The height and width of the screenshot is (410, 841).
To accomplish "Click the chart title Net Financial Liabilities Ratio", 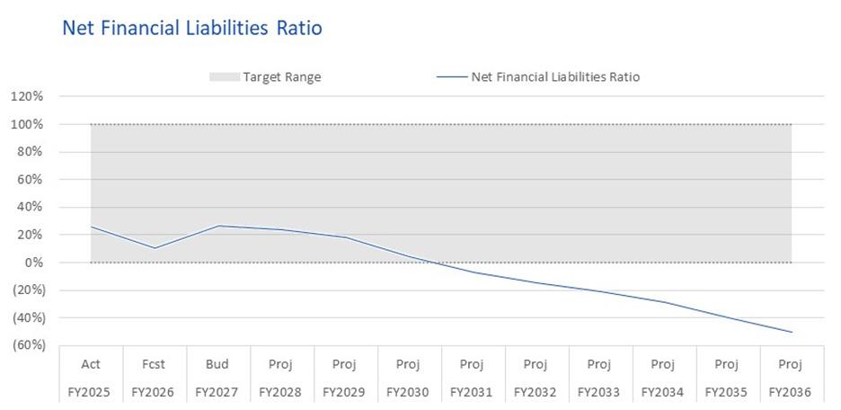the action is pos(192,28).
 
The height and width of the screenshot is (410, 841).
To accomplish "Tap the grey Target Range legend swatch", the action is pos(225,77).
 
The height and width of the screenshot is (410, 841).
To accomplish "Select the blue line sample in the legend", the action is pos(452,77).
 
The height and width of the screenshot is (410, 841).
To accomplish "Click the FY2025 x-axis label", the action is pos(90,392).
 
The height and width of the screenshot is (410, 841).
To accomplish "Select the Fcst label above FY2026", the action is pos(154,364).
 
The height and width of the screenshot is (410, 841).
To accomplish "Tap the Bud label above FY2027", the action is pos(217,364).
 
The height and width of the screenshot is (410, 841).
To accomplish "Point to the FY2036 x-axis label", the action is pos(791,392).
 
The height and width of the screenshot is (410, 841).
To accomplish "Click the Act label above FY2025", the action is pos(90,364).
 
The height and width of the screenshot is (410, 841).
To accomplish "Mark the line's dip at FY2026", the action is pos(155,248).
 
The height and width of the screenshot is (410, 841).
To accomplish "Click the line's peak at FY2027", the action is pos(218,226).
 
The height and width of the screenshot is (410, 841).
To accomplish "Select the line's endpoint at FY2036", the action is pos(792,332).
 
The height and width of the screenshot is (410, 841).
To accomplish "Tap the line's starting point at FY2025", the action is pos(91,227).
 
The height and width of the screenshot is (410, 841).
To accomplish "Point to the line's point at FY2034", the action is pos(664,301).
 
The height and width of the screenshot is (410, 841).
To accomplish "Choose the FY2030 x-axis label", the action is pos(409,392).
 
